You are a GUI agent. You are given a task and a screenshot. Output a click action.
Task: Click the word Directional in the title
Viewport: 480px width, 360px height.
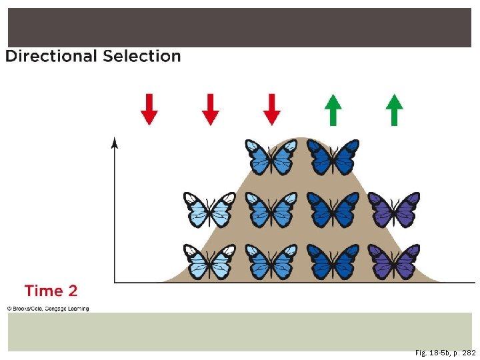click(51, 56)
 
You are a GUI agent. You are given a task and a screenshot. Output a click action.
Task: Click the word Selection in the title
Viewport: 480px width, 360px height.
click(142, 56)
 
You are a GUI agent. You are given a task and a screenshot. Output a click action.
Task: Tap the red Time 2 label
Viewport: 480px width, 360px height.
click(51, 291)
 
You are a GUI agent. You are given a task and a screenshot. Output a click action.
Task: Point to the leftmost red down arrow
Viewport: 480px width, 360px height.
click(149, 109)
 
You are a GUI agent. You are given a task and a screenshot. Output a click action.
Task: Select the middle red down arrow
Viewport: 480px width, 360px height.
click(210, 109)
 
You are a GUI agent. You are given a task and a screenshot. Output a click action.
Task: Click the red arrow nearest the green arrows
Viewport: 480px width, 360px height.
click(271, 109)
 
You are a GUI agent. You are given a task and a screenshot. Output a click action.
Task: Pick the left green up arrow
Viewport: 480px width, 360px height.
click(333, 109)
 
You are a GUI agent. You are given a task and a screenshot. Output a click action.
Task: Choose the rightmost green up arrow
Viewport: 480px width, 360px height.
click(394, 109)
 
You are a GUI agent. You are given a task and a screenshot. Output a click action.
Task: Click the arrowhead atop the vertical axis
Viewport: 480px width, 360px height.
click(115, 141)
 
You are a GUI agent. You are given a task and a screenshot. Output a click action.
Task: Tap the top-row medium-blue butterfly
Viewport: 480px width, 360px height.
click(271, 157)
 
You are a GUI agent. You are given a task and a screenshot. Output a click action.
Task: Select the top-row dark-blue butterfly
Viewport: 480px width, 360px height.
click(333, 157)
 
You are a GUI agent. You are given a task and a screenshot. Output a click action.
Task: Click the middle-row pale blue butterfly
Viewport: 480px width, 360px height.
click(210, 209)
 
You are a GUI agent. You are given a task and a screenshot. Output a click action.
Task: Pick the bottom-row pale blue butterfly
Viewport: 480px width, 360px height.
click(210, 261)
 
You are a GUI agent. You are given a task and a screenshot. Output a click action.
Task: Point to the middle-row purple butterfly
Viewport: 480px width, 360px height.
click(394, 209)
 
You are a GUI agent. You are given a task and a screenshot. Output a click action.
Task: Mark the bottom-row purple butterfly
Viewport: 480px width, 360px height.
click(394, 261)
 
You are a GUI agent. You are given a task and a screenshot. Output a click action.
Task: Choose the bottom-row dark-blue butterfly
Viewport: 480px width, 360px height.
click(333, 261)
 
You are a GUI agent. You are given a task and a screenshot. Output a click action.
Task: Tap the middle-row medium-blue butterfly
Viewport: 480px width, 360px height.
click(271, 209)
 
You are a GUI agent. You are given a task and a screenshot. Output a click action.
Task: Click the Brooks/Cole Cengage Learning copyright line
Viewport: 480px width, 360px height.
click(48, 309)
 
